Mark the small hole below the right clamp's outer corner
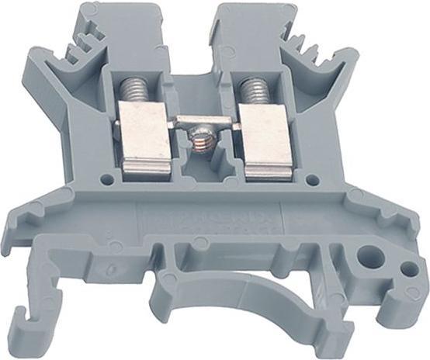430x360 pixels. click(x=311, y=180)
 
